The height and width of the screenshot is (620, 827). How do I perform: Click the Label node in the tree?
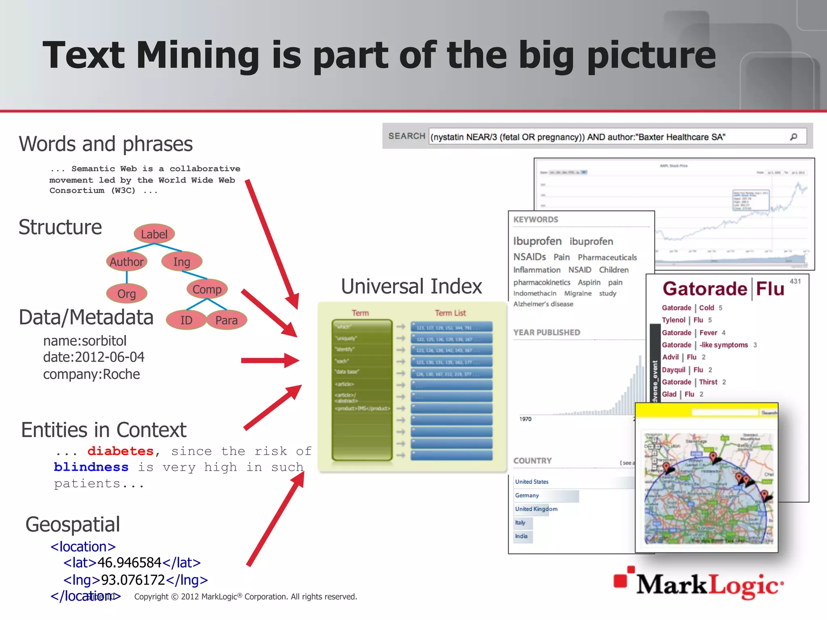point(154,234)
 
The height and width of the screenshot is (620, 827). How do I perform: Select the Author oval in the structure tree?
point(126,262)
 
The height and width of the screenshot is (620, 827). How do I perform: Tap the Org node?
point(126,293)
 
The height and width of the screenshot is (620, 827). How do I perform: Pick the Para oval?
point(226,320)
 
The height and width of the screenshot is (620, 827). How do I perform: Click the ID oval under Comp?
point(186,320)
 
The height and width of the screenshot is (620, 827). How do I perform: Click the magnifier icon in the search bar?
point(793,137)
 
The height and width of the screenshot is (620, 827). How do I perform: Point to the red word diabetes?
point(120,451)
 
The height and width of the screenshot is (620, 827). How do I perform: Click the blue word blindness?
point(91,467)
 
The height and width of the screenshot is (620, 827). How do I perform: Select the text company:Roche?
point(92,374)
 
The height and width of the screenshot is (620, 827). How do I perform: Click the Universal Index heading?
point(411,286)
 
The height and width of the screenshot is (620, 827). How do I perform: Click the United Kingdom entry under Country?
point(536,509)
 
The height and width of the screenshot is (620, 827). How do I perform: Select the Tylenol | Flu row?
point(686,320)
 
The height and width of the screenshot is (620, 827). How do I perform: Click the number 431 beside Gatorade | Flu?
point(795,281)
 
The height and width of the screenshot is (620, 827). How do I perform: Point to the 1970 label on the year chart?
point(525,419)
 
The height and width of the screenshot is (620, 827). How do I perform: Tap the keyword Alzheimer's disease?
point(543,304)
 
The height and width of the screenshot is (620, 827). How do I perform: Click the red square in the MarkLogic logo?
point(621,580)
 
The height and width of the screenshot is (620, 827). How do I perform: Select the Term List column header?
point(450,313)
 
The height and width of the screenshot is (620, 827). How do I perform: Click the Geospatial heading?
point(73,524)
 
